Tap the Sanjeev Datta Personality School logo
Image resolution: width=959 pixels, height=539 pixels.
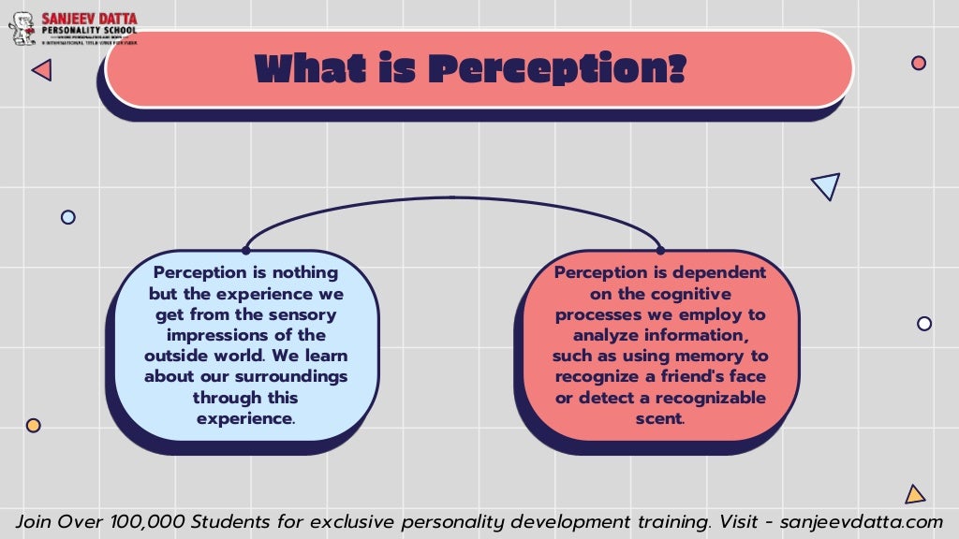point(73,28)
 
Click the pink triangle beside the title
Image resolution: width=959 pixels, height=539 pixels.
point(42,69)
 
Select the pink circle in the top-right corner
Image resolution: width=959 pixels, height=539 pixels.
point(919,63)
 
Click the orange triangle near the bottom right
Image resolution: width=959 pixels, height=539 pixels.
point(915,494)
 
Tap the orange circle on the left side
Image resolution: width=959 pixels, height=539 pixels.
point(34,425)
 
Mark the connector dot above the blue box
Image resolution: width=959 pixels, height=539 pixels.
point(245,250)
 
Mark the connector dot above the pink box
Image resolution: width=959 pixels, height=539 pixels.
point(660,250)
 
